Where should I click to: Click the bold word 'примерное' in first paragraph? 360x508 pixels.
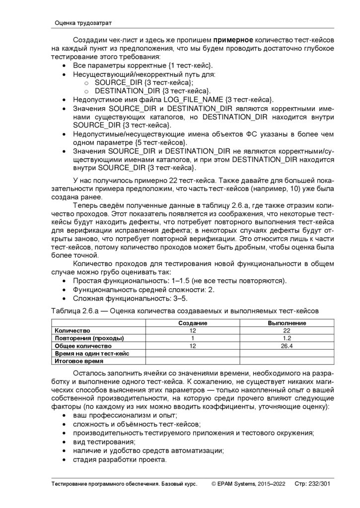pos(233,40)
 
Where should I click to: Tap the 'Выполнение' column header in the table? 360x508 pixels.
pos(287,323)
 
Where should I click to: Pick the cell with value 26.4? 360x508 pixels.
pos(287,346)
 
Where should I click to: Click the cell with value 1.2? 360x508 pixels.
pos(287,338)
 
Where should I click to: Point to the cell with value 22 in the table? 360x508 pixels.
pos(287,330)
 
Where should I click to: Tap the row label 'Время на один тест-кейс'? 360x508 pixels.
pos(92,354)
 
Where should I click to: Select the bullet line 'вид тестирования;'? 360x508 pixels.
pos(104,442)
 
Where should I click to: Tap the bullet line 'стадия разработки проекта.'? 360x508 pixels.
pos(119,459)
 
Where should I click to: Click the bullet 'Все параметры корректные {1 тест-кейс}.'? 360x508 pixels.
pos(143,65)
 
